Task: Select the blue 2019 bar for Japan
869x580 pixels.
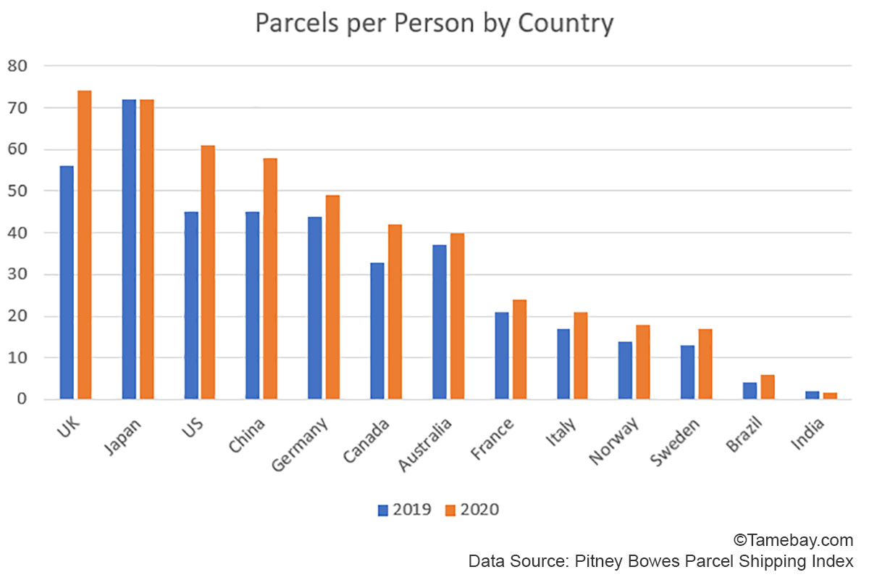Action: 129,249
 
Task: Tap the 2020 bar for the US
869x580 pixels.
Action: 208,273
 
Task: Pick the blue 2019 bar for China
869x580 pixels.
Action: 253,305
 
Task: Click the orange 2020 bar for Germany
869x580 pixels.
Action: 332,297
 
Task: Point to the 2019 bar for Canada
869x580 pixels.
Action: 377,331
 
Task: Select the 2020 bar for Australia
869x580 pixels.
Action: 457,316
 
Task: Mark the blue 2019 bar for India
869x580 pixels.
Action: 813,395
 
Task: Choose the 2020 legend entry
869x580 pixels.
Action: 471,510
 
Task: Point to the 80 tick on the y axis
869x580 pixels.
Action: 17,66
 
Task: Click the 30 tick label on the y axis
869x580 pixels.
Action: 17,275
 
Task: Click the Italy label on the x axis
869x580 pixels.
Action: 562,433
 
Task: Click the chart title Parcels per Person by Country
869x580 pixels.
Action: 434,24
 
